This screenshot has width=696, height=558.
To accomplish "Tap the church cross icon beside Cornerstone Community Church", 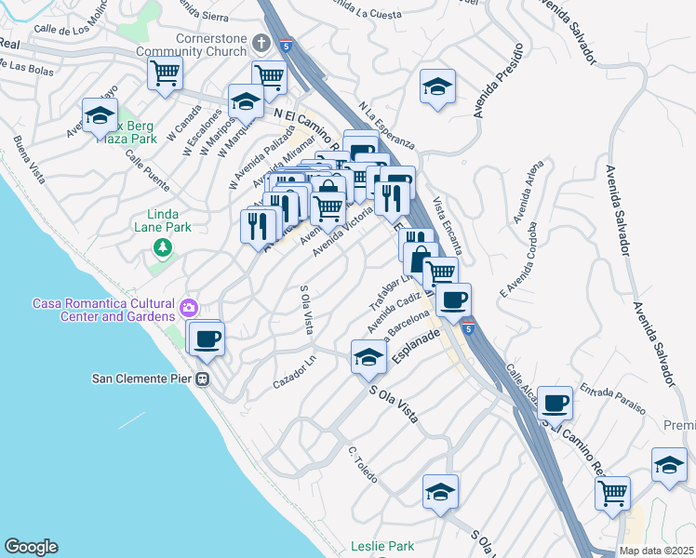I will (261, 43).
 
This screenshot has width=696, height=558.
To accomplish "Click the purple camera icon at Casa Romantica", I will (190, 308).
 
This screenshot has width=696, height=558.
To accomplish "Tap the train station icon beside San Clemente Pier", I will (202, 379).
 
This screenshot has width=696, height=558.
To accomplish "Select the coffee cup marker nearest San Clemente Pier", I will (207, 338).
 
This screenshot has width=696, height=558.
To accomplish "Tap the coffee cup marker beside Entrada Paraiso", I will (555, 403).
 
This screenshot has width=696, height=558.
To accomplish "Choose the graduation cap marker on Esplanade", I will (368, 357).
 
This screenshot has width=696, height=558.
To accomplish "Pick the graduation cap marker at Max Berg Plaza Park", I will (99, 115).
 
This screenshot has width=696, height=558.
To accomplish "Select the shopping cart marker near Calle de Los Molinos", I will (165, 72).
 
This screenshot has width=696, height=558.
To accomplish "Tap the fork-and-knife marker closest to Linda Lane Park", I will (257, 226).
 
